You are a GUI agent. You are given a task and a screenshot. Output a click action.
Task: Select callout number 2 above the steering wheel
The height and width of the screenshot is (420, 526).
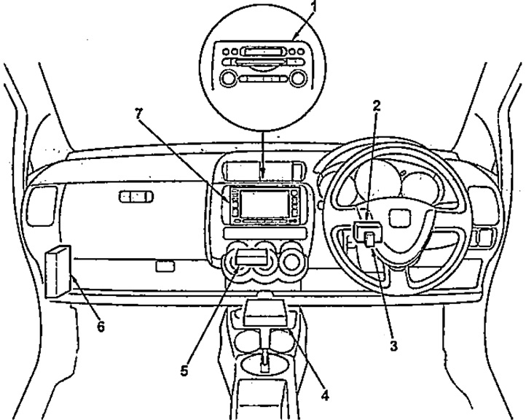click(376, 104)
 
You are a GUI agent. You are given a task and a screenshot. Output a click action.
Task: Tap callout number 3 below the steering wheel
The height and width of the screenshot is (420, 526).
click(393, 346)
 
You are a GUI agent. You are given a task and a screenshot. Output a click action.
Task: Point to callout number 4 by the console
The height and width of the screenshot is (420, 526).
click(324, 397)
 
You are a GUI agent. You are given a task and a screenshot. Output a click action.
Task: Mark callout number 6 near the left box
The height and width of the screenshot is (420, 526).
click(101, 327)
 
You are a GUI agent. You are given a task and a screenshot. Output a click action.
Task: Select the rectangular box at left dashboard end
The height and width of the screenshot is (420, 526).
click(59, 271)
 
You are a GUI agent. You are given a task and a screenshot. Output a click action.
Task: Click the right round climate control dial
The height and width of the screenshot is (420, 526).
click(294, 261)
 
